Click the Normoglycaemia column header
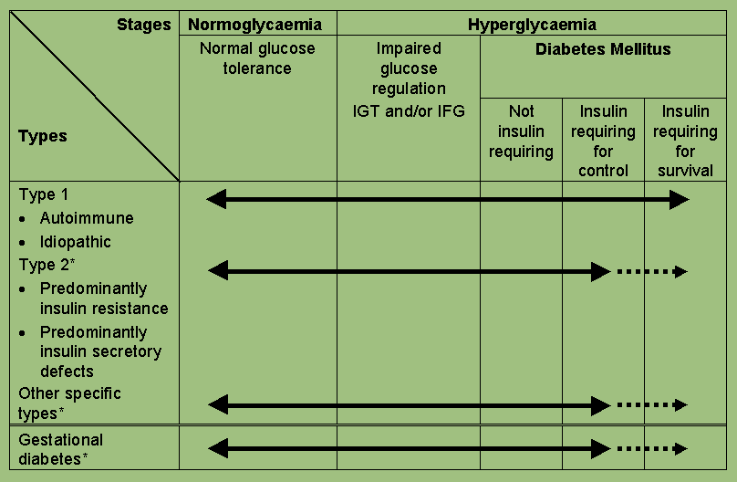pyautogui.click(x=257, y=25)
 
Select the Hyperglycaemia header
pyautogui.click(x=532, y=25)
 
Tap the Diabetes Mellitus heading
pyautogui.click(x=603, y=49)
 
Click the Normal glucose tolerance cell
pyautogui.click(x=257, y=58)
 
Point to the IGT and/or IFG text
pyautogui.click(x=409, y=111)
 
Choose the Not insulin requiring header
pyautogui.click(x=521, y=131)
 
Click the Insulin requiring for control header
pyautogui.click(x=603, y=141)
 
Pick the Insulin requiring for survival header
pyautogui.click(x=685, y=141)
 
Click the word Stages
pyautogui.click(x=144, y=25)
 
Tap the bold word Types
pyautogui.click(x=43, y=136)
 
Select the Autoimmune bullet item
pyautogui.click(x=87, y=218)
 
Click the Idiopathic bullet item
pyautogui.click(x=76, y=242)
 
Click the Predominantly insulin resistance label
pyautogui.click(x=104, y=299)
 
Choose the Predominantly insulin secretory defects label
pyautogui.click(x=100, y=351)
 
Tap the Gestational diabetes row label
pyautogui.click(x=61, y=449)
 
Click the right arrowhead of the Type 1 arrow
pyautogui.click(x=680, y=200)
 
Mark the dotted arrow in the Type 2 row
pyautogui.click(x=651, y=271)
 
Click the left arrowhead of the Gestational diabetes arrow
pyautogui.click(x=217, y=448)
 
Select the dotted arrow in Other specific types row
pyautogui.click(x=651, y=404)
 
